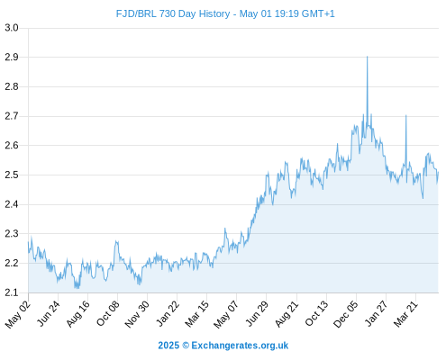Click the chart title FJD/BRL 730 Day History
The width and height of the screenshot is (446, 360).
pyautogui.click(x=173, y=13)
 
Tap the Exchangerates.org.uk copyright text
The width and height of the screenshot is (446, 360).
pyautogui.click(x=223, y=346)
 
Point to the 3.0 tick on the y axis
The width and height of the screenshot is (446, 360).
pyautogui.click(x=12, y=28)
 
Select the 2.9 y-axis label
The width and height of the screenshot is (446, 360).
pyautogui.click(x=12, y=57)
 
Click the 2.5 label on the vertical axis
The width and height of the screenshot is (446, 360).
pyautogui.click(x=12, y=175)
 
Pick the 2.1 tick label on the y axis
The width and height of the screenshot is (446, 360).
pyautogui.click(x=12, y=292)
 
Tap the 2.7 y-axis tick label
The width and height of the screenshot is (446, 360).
pyautogui.click(x=12, y=116)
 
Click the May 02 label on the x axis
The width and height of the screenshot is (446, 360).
pyautogui.click(x=18, y=314)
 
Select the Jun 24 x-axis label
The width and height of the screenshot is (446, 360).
pyautogui.click(x=49, y=314)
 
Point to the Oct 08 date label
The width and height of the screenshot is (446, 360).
pyautogui.click(x=108, y=314)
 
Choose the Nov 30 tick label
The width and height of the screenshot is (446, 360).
pyautogui.click(x=137, y=314)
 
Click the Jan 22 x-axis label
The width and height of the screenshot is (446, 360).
pyautogui.click(x=168, y=314)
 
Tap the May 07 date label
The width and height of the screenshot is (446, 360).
pyautogui.click(x=226, y=314)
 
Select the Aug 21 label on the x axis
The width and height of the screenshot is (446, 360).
pyautogui.click(x=287, y=314)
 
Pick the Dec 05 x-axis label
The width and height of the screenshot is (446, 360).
pyautogui.click(x=346, y=314)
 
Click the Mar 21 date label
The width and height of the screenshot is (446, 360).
pyautogui.click(x=405, y=314)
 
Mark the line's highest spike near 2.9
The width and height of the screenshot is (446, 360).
pyautogui.click(x=367, y=57)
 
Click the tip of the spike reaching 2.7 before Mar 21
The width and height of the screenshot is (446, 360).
pyautogui.click(x=406, y=115)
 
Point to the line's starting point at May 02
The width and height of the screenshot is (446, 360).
pyautogui.click(x=29, y=242)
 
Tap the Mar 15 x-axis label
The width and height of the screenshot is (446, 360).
pyautogui.click(x=196, y=314)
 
